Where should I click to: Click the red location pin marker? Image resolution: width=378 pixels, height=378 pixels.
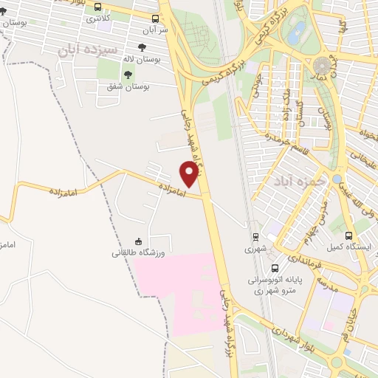pyautogui.click(x=190, y=173)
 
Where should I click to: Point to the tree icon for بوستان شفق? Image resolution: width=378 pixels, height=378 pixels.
pyautogui.click(x=128, y=74)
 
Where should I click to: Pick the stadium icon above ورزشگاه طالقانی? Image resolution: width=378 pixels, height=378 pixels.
pyautogui.click(x=138, y=241)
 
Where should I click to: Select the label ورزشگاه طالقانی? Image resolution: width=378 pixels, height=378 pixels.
pyautogui.click(x=140, y=252)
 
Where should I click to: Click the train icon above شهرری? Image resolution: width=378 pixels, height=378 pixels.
pyautogui.click(x=255, y=237)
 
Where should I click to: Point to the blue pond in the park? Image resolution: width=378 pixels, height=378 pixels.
pyautogui.click(x=297, y=32)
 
